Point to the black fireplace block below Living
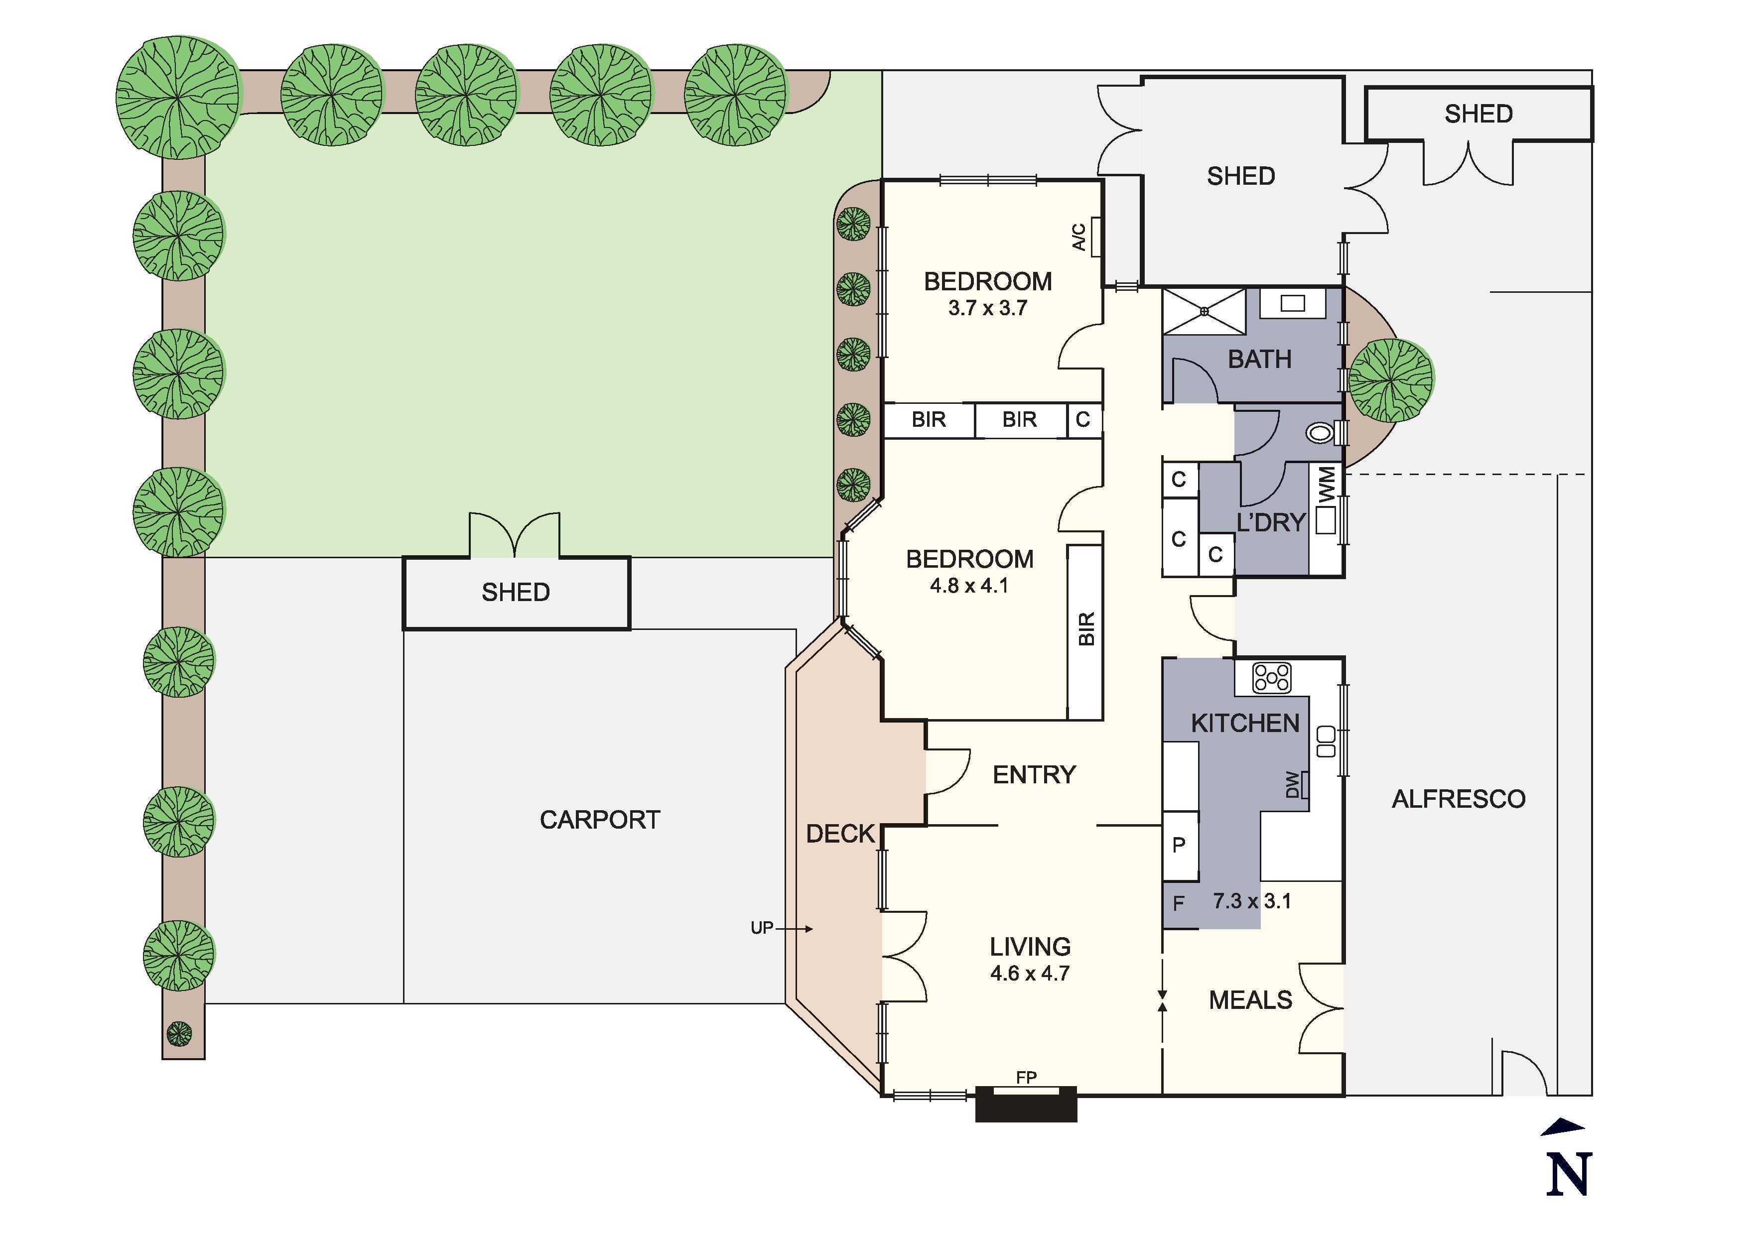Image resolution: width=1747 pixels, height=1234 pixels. (x=1027, y=1104)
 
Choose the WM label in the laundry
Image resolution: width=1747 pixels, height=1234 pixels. (x=1326, y=485)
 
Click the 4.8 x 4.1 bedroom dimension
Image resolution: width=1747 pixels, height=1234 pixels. (x=968, y=586)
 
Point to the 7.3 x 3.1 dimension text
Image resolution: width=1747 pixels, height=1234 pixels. (x=1252, y=901)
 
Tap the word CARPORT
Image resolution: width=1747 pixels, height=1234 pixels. (x=600, y=820)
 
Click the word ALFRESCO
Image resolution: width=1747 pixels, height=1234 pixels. (x=1459, y=799)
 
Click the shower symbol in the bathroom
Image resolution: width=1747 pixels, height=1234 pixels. (x=1205, y=311)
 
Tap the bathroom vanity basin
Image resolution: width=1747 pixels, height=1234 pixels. (x=1293, y=304)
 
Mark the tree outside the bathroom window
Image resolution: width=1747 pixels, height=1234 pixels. (x=1391, y=379)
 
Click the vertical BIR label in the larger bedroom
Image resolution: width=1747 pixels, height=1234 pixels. (x=1086, y=629)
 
